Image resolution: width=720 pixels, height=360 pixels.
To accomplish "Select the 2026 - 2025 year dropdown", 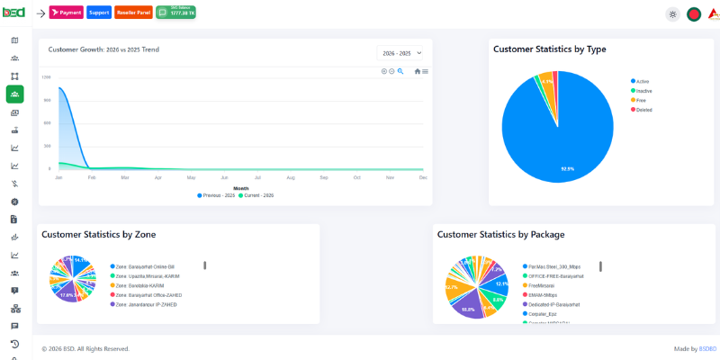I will [400, 53].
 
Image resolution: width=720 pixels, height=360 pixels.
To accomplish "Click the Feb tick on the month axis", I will [91, 178].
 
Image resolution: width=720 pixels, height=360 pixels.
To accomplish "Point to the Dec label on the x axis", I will [422, 178].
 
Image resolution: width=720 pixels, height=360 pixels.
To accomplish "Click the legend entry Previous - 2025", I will [218, 195].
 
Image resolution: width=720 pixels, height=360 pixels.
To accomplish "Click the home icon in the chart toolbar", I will [418, 71].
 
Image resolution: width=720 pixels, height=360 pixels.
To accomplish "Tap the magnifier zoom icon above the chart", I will [400, 71].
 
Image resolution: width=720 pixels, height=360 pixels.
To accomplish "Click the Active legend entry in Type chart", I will [642, 81].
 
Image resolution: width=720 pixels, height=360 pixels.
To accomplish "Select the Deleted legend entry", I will [643, 110].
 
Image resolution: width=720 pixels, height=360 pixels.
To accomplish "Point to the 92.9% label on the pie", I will [567, 168].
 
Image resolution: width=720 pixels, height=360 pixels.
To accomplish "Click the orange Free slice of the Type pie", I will [546, 81].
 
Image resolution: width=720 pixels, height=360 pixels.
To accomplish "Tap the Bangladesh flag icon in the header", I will [694, 14].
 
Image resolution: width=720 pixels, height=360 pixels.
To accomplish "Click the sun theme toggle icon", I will [672, 14].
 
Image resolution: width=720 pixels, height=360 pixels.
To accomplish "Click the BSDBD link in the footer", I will [707, 348].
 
